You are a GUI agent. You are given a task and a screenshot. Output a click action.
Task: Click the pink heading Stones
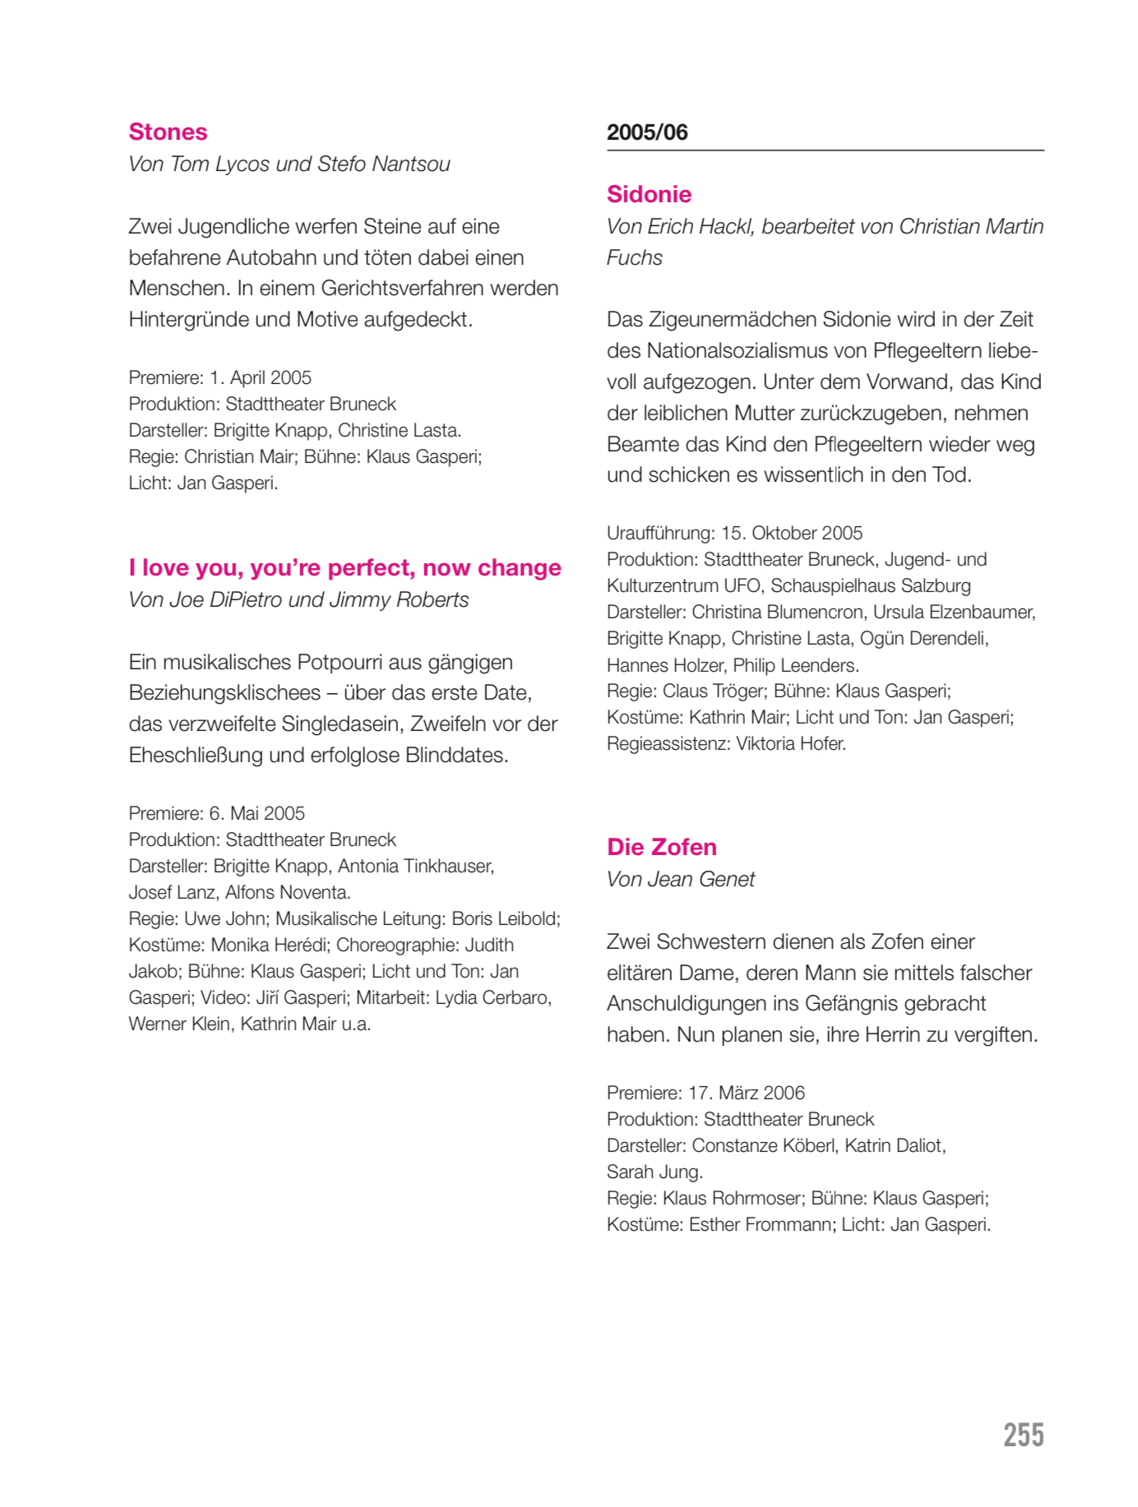168,132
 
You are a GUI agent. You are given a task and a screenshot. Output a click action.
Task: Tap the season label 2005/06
647,132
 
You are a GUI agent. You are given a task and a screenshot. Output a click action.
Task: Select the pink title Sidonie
649,194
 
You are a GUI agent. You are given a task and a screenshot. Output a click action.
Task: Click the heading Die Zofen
661,847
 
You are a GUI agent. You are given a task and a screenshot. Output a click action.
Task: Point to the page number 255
1023,1435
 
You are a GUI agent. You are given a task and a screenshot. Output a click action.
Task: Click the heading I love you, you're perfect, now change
345,567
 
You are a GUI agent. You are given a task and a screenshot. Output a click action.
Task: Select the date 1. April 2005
261,377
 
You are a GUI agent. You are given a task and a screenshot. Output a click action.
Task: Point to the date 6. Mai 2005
257,813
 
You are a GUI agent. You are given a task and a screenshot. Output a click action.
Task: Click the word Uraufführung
659,533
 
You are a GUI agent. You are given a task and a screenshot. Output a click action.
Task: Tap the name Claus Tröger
713,691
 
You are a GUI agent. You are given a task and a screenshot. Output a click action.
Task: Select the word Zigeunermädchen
724,319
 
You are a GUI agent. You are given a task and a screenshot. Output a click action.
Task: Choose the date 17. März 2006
746,1093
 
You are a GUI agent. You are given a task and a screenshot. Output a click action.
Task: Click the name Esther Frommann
760,1224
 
